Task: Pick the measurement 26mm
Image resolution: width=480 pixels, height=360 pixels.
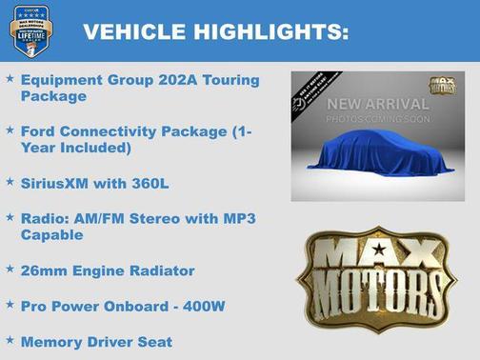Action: (x=44, y=270)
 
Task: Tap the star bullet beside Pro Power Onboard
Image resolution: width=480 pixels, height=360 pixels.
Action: (x=10, y=305)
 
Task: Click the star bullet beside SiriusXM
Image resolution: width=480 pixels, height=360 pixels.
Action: (x=10, y=179)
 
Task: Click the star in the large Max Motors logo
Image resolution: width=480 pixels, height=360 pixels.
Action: (x=380, y=250)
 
